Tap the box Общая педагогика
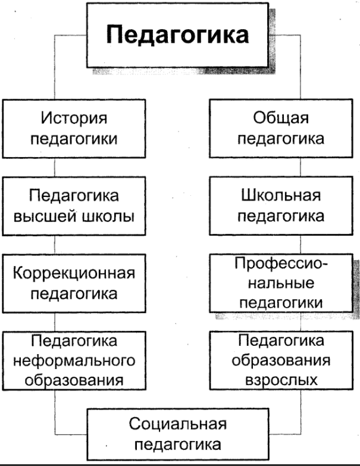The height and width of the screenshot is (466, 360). tap(281, 128)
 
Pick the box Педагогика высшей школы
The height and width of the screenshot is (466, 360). tap(74, 205)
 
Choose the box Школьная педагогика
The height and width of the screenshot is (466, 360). tap(281, 205)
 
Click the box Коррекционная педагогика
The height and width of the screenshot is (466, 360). tap(74, 283)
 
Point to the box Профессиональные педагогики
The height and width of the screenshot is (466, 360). tap(281, 283)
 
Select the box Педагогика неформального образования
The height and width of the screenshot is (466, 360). tap(74, 361)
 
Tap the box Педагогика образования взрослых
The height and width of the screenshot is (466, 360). tap(281, 361)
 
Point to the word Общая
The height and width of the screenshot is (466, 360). tap(281, 118)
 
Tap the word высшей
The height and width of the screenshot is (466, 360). tap(51, 215)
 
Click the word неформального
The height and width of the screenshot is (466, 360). tap(74, 361)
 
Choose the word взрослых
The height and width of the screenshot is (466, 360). tap(281, 379)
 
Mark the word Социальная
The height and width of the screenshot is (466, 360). tap(178, 424)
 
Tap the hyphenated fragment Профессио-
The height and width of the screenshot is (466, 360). tap(281, 263)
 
